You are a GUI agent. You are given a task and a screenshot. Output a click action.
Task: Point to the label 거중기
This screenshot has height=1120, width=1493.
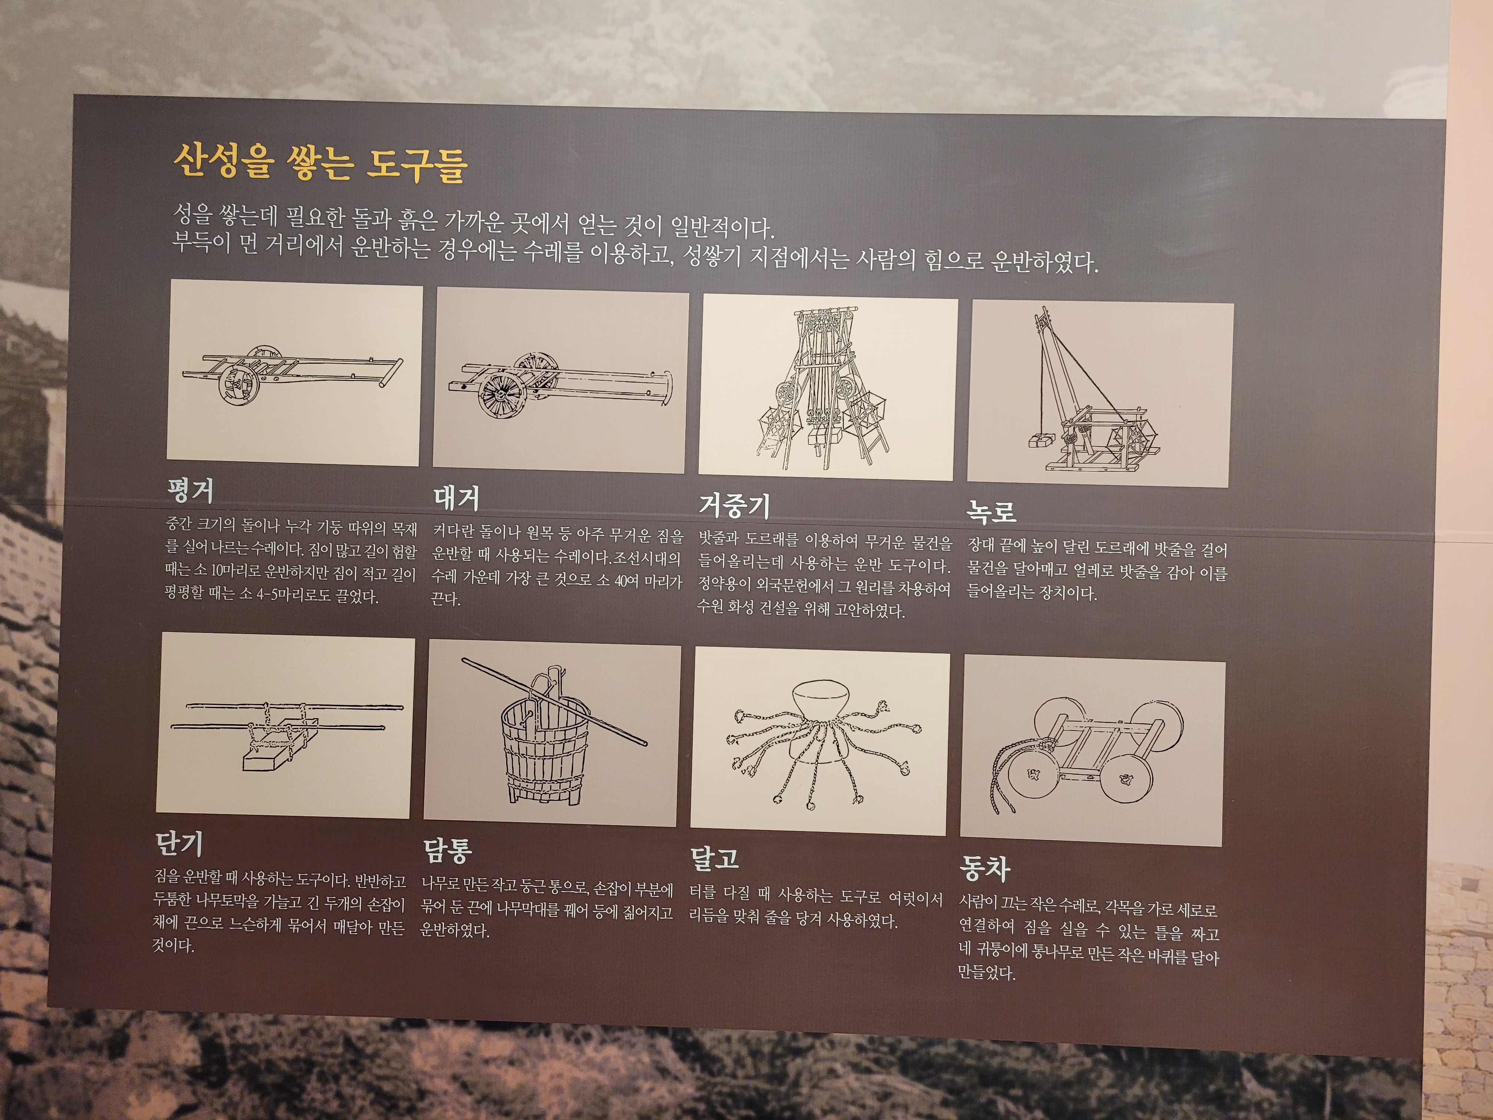(734, 504)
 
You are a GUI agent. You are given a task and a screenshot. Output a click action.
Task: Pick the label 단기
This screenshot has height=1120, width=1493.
(179, 843)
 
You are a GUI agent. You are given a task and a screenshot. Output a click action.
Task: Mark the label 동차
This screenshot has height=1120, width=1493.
(985, 869)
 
